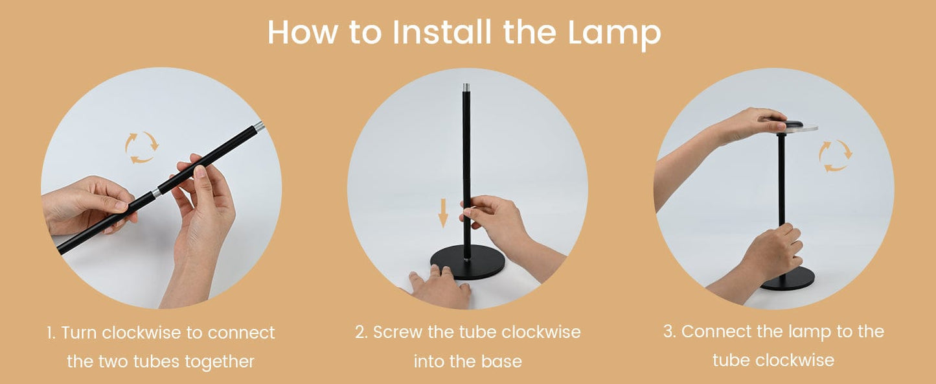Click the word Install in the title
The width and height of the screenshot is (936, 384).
[x=442, y=32]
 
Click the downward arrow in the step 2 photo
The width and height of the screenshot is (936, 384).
[x=443, y=213]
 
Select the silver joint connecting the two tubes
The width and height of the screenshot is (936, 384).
[x=156, y=193]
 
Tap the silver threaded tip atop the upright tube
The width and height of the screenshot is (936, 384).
[x=466, y=88]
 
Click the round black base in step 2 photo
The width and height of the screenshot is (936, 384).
[x=468, y=263]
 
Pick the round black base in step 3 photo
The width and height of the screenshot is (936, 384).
[x=788, y=278]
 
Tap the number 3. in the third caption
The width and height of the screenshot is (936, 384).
[x=669, y=331]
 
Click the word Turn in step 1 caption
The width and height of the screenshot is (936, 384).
[x=79, y=333]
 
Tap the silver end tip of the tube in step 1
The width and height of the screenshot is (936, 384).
[x=259, y=126]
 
